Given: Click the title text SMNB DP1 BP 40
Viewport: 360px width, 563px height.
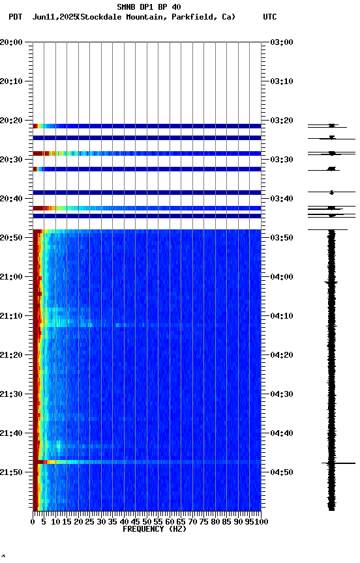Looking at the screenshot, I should point(149,7).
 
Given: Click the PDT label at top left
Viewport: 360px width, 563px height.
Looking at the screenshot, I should point(15,17).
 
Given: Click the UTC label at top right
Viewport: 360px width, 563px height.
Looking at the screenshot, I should point(270,17).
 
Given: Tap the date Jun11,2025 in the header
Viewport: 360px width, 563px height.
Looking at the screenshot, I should point(54,17).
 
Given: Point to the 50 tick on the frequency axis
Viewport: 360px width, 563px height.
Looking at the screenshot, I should point(147,522).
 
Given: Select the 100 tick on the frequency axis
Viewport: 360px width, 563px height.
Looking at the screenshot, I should point(262,522).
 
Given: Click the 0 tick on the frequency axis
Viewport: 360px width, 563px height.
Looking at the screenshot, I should point(33,522).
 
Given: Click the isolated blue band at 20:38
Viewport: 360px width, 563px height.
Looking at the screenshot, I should point(147,192).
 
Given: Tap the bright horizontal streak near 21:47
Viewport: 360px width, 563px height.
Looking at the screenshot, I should point(147,462).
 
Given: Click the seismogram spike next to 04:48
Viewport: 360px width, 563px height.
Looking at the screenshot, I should point(331,463).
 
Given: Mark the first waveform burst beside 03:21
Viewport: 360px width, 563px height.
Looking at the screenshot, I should point(331,125).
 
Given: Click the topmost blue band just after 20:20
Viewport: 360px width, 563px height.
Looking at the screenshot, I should point(147,126).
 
